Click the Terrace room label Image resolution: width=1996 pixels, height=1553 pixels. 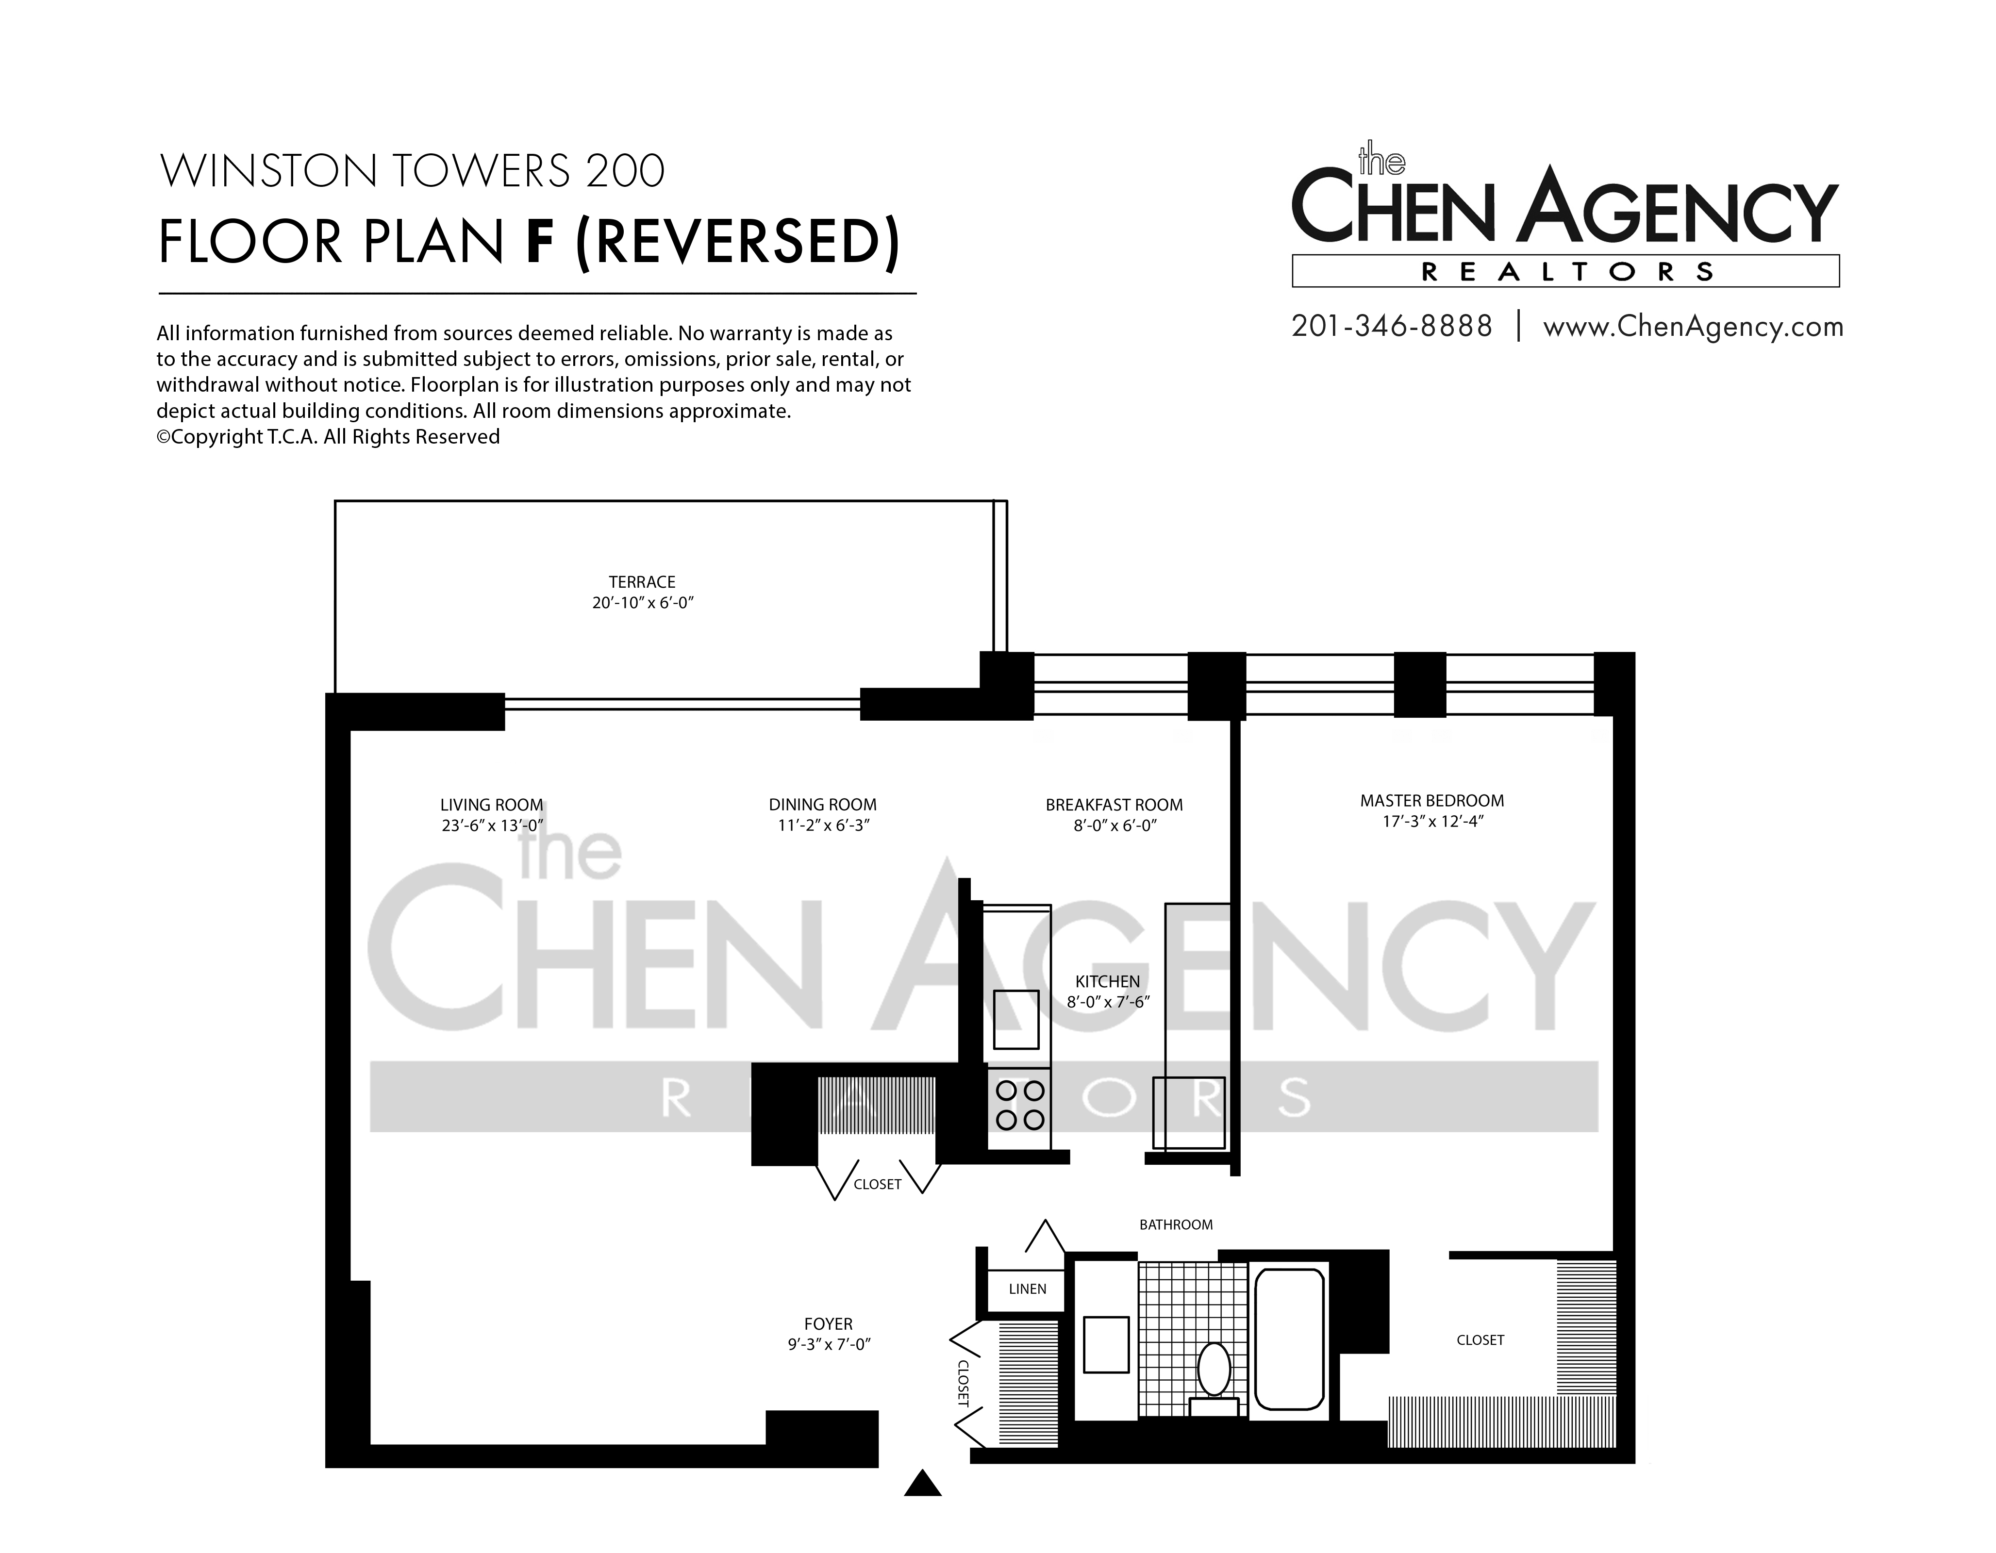tap(643, 582)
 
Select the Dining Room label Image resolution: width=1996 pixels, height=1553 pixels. tap(823, 805)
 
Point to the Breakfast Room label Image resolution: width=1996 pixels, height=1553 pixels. tap(1114, 805)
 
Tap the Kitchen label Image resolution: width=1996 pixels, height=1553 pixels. tap(1108, 981)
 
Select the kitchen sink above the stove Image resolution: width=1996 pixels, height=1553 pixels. tap(1016, 1019)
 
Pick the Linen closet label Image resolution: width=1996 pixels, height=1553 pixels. tap(1027, 1289)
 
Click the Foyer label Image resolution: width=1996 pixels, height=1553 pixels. tap(828, 1324)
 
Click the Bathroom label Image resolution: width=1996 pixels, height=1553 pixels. tap(1176, 1224)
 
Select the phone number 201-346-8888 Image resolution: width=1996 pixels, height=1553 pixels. tap(1392, 326)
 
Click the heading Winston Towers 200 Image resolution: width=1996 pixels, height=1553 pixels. tap(412, 171)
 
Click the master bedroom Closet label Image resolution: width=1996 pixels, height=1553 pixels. tap(1480, 1340)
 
